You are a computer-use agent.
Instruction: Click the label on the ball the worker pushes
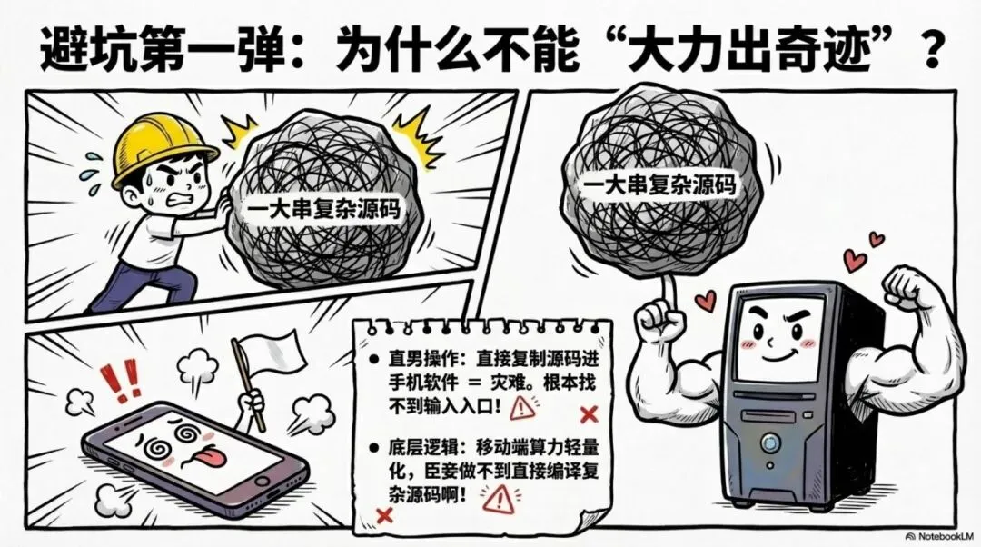coord(325,208)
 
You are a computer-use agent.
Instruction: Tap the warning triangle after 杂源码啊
coord(497,497)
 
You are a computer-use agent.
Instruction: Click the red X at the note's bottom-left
coord(383,515)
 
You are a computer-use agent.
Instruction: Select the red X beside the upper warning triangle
coord(587,415)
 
